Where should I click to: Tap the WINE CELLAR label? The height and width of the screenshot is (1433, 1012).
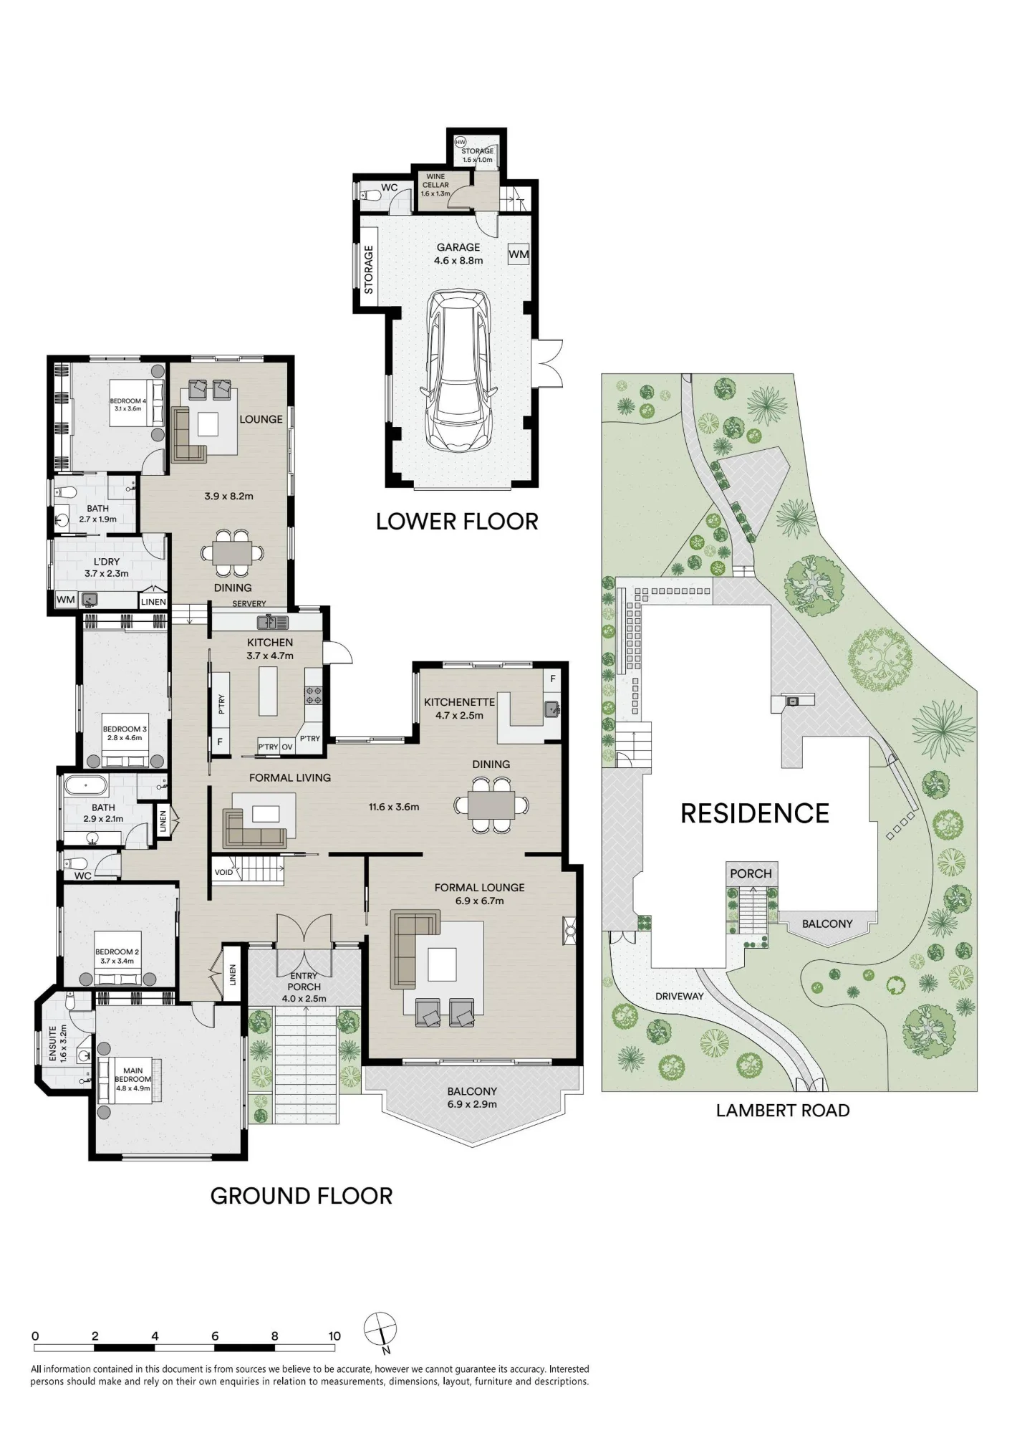tap(435, 181)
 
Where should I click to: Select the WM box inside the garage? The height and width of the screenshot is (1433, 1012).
tap(519, 254)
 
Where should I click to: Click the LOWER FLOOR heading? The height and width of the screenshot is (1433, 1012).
tap(457, 522)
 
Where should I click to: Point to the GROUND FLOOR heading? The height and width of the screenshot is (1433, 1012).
tap(302, 1196)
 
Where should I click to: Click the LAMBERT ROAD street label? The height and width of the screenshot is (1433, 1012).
tap(783, 1111)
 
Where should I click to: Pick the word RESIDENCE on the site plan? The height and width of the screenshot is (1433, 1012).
tap(755, 813)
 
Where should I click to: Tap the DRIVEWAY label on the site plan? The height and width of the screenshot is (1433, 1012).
tap(680, 996)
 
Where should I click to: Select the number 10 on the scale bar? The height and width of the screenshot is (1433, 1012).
tap(334, 1336)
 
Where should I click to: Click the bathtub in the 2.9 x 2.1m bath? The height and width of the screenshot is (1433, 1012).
tap(87, 786)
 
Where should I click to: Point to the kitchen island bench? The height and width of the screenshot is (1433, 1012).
tap(268, 691)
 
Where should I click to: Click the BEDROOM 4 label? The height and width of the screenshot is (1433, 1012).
tap(127, 401)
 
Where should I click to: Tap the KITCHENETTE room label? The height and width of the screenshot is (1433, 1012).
tap(459, 702)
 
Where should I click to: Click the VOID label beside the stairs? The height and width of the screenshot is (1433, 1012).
tap(223, 872)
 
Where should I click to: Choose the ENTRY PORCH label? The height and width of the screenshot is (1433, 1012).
tap(304, 982)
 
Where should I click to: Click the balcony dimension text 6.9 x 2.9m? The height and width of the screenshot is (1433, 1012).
tap(472, 1104)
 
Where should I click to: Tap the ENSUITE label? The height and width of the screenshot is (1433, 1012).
tap(52, 1043)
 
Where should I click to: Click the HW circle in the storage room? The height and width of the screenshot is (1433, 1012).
tap(461, 142)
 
